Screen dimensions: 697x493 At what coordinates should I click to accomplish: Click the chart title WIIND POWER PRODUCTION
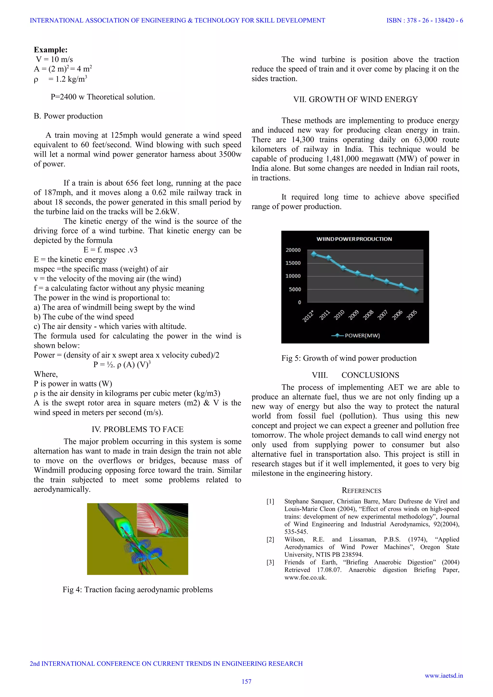click(x=354, y=239)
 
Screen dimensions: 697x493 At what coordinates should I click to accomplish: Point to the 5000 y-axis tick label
click(x=295, y=289)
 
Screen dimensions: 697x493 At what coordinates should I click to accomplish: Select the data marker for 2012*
click(x=314, y=254)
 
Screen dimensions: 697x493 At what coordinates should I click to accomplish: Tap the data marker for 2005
click(x=416, y=291)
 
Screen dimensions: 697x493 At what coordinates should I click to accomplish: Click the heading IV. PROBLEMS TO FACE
click(x=138, y=429)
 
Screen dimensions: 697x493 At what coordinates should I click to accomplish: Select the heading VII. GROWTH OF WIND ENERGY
click(x=355, y=100)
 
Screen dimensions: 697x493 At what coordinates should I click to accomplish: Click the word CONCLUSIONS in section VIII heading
click(x=370, y=375)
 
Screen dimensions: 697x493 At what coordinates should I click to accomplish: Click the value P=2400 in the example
click(x=64, y=97)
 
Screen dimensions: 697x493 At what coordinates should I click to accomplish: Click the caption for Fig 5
click(x=349, y=358)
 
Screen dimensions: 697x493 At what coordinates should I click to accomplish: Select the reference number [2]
click(x=270, y=539)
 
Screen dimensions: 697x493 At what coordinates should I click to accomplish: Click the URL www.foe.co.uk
click(x=305, y=577)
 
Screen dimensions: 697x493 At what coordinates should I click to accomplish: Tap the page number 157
click(x=246, y=682)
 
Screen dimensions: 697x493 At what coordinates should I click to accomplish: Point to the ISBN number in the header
click(x=424, y=21)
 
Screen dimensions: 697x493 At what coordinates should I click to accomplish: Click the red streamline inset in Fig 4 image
click(x=162, y=520)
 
